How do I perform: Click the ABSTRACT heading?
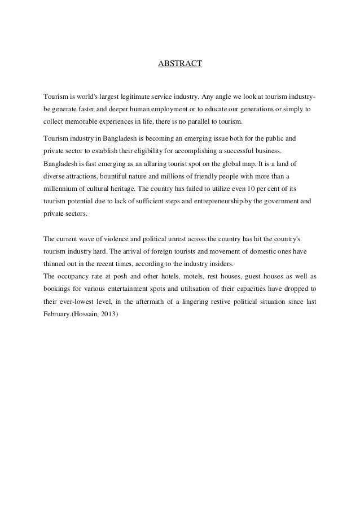[179, 64]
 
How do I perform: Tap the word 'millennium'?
[61, 189]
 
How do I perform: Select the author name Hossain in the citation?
[86, 316]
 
